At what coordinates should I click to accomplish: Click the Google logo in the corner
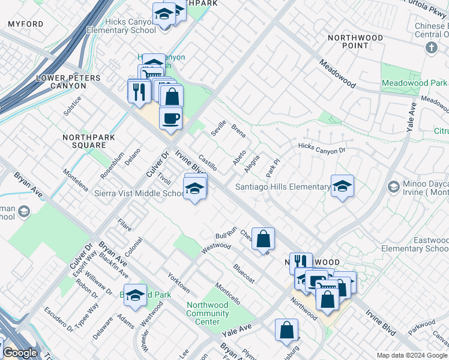coord(19,353)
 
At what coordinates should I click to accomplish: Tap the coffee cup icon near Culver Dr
coord(170,117)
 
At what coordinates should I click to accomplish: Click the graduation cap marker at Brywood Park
coord(136,295)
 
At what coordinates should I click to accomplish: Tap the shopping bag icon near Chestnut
coord(263,238)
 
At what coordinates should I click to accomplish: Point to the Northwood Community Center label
coord(207,313)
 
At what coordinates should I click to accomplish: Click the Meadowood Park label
coord(414,83)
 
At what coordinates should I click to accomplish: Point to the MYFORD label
coord(25,24)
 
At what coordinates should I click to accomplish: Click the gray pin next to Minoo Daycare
coord(393,186)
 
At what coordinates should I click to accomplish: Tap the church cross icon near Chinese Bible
coord(431,47)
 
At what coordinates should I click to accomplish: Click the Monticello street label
coord(228,292)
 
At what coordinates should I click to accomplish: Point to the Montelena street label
coord(76,179)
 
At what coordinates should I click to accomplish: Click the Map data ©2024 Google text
coord(412,355)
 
